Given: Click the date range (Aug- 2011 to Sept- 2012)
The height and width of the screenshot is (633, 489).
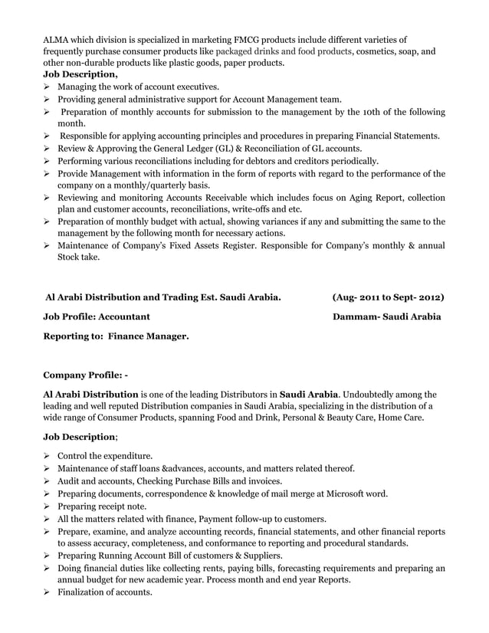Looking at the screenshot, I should pos(388,296).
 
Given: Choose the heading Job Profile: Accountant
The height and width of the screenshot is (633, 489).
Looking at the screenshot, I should pos(97,316).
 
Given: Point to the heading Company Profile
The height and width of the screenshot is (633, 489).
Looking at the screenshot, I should pos(83,376).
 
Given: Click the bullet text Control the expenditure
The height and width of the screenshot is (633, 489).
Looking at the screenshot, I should pos(105,456).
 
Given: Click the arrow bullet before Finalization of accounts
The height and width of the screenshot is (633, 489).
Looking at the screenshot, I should pos(47,592).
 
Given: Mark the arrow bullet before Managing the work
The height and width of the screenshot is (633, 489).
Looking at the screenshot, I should pos(47,87).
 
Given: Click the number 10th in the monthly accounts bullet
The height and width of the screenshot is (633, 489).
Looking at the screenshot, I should pos(375,112).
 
